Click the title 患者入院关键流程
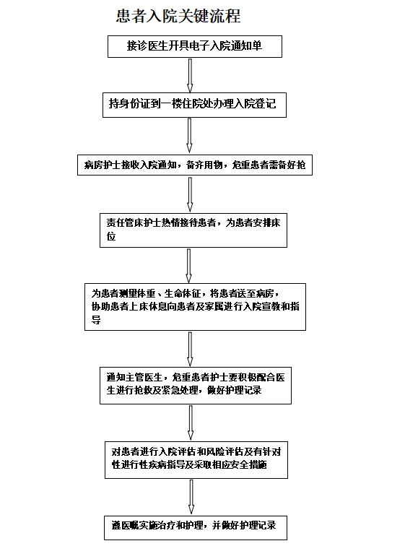coord(178,17)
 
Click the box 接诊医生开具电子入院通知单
coord(195,46)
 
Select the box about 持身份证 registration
coord(194,105)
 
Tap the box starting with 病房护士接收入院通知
coord(195,165)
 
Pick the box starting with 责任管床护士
coord(193,230)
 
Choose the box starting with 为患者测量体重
coord(195,307)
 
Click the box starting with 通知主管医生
coord(196,386)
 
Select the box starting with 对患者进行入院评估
coord(196,460)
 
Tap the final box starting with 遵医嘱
coord(196,528)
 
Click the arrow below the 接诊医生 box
coord(190,76)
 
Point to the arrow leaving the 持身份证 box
coord(189,136)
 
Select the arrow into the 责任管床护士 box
coord(190,195)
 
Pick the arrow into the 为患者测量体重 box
coord(188,266)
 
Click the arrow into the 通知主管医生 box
coord(190,349)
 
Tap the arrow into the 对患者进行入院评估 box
coord(191,422)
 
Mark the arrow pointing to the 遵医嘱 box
coord(191,497)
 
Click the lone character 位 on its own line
coord(111,236)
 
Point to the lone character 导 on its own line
coord(96,320)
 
